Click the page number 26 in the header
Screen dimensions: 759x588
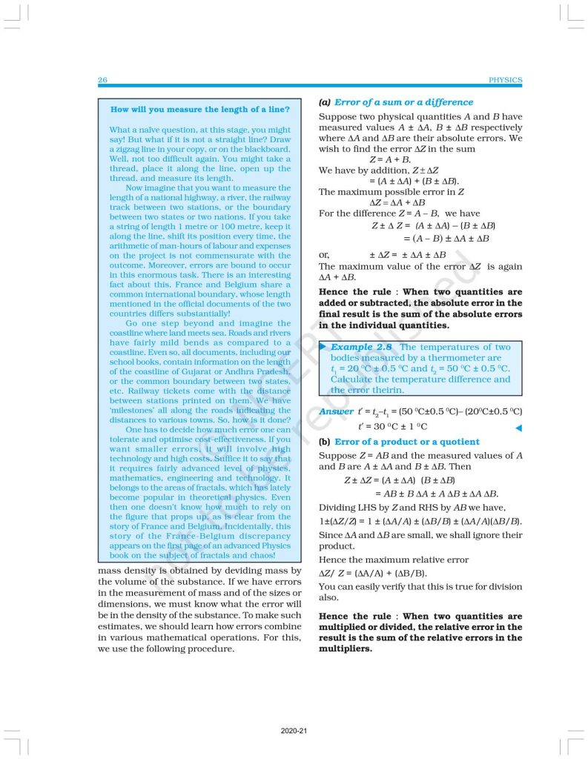tap(102, 80)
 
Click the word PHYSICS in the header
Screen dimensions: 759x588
tap(506, 80)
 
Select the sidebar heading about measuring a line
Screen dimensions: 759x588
tap(199, 110)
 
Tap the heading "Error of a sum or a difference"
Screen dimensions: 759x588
tap(403, 102)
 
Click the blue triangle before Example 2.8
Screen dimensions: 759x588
tap(323, 347)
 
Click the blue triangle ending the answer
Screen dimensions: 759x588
tap(518, 428)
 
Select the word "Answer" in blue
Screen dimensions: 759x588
tap(336, 411)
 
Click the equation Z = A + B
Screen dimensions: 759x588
tap(390, 159)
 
